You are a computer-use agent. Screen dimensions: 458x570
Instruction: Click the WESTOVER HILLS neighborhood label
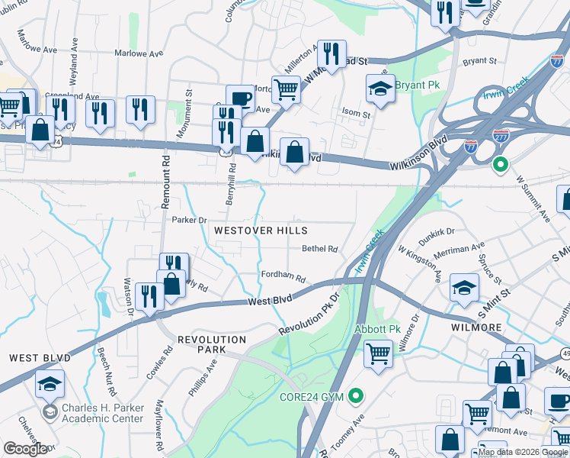pyautogui.click(x=261, y=230)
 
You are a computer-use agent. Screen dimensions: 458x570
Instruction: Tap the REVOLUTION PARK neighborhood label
pyautogui.click(x=212, y=344)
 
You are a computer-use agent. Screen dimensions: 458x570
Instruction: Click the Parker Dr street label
pyautogui.click(x=189, y=220)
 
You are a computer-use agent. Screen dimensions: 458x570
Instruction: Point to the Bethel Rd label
pyautogui.click(x=319, y=249)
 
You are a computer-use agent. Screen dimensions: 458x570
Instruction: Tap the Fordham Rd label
pyautogui.click(x=283, y=279)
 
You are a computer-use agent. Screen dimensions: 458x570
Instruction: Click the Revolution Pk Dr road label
pyautogui.click(x=308, y=316)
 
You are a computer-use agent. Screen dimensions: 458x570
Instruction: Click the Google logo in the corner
pyautogui.click(x=25, y=449)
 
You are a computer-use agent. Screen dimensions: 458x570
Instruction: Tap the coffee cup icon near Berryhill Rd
pyautogui.click(x=241, y=98)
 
